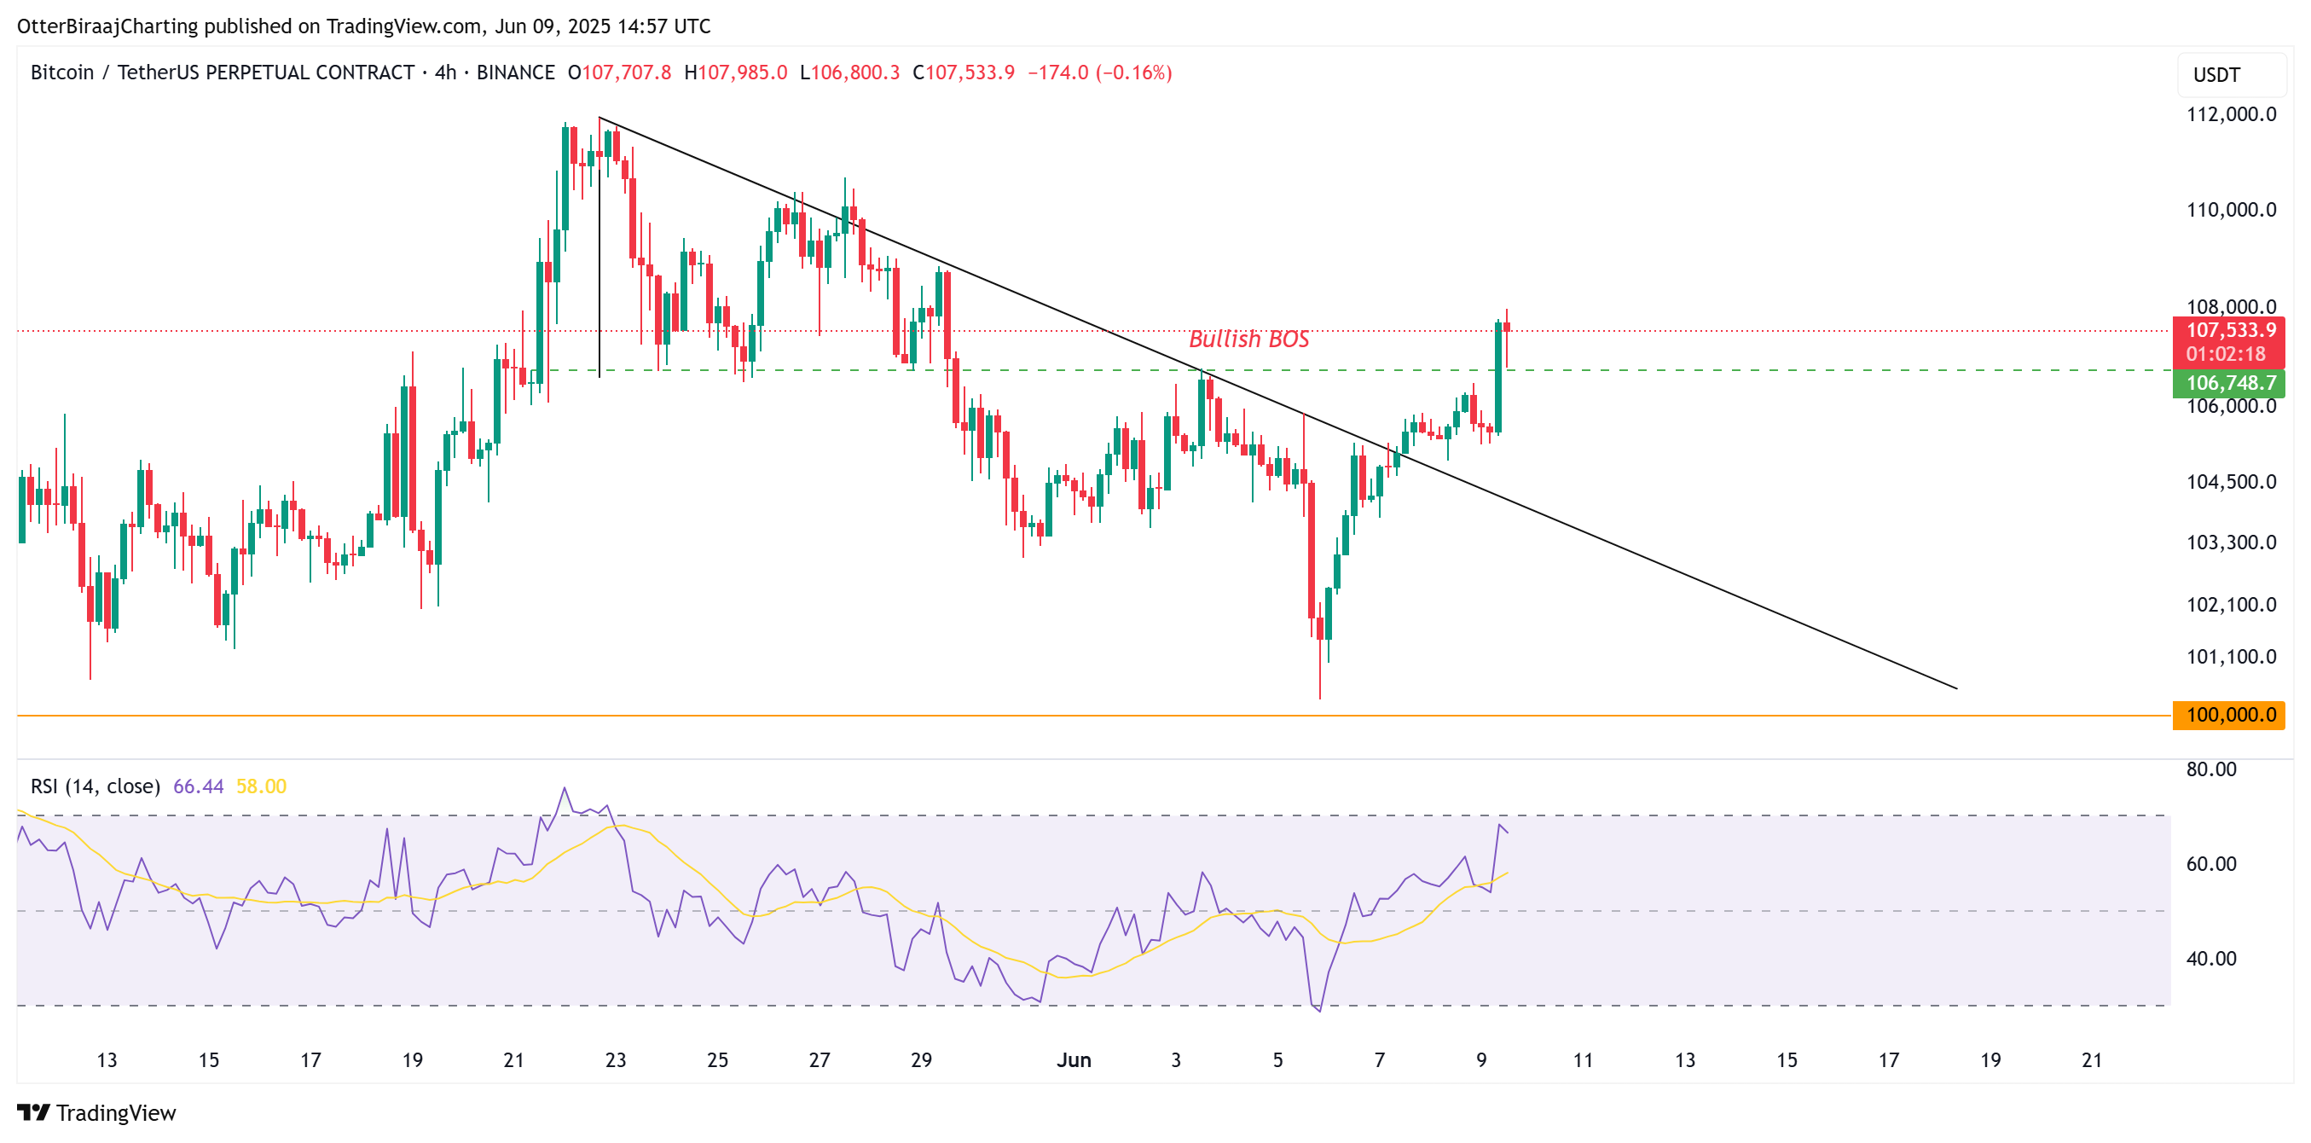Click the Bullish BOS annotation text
click(x=1248, y=339)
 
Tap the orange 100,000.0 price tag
click(x=2229, y=715)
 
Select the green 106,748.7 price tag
click(x=2229, y=383)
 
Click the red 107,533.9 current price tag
click(x=2229, y=330)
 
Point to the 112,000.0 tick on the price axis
click(x=2230, y=114)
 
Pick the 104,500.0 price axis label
click(x=2230, y=482)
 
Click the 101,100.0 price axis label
click(x=2230, y=657)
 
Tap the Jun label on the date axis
click(x=1073, y=1060)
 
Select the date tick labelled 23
click(x=616, y=1060)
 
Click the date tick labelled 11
click(x=1583, y=1060)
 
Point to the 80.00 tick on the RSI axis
click(x=2210, y=769)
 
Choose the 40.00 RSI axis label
click(x=2210, y=958)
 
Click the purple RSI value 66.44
click(x=197, y=786)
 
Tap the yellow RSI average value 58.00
click(x=261, y=786)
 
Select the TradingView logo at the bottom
click(x=97, y=1112)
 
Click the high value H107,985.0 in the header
click(x=735, y=73)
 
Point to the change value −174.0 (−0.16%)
click(x=1099, y=73)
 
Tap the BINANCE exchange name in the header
click(x=515, y=73)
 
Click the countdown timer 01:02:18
click(x=2225, y=353)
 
